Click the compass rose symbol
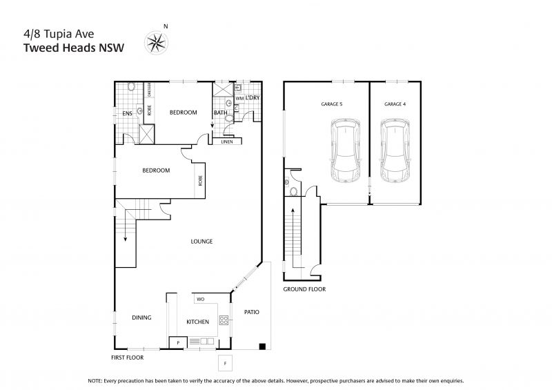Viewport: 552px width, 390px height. pyautogui.click(x=156, y=43)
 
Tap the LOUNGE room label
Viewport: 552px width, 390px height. pyautogui.click(x=201, y=242)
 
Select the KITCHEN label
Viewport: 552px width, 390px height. pyautogui.click(x=197, y=322)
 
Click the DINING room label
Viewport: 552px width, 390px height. pyautogui.click(x=141, y=318)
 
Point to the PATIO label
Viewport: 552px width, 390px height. pyautogui.click(x=252, y=312)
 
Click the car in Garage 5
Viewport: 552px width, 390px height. pyautogui.click(x=346, y=150)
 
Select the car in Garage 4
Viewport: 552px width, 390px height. pyautogui.click(x=395, y=150)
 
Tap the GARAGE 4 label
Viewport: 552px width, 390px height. pyautogui.click(x=395, y=104)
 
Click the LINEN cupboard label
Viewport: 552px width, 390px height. pyautogui.click(x=227, y=142)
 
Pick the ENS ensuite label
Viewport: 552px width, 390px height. pyautogui.click(x=127, y=113)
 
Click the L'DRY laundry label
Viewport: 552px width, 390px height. pyautogui.click(x=253, y=97)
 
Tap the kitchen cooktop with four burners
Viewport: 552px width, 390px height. pyautogui.click(x=224, y=320)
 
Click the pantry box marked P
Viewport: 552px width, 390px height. pyautogui.click(x=178, y=342)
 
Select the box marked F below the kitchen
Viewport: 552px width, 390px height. pyautogui.click(x=226, y=363)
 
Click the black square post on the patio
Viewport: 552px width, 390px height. pyautogui.click(x=262, y=347)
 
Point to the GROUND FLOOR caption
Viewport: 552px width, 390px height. pyautogui.click(x=304, y=289)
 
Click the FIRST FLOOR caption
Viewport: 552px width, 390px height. pyautogui.click(x=128, y=358)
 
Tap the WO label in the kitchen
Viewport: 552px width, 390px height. pyautogui.click(x=200, y=299)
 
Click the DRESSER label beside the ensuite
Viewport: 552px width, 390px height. pyautogui.click(x=149, y=90)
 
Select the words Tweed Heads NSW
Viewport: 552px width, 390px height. pyautogui.click(x=74, y=48)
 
